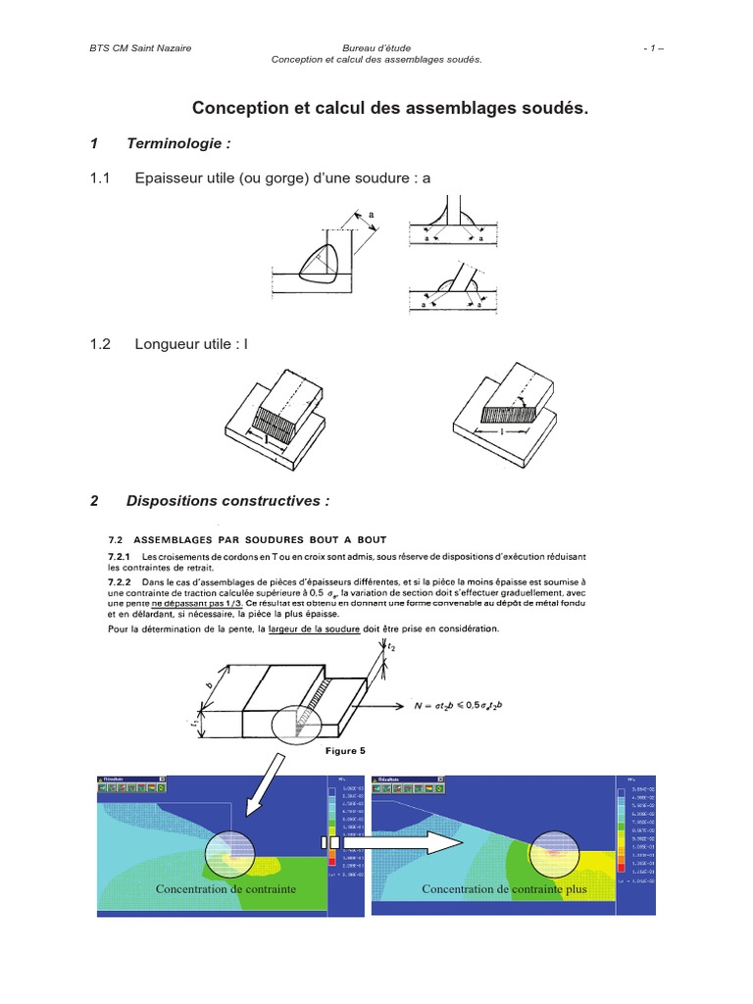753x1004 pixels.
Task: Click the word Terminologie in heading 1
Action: pyautogui.click(x=178, y=144)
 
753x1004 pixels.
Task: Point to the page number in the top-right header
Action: pyautogui.click(x=654, y=47)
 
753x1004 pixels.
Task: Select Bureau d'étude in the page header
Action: pyautogui.click(x=376, y=47)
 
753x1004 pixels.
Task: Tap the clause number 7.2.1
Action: pyautogui.click(x=119, y=556)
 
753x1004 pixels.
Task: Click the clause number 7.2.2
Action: pyautogui.click(x=119, y=581)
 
